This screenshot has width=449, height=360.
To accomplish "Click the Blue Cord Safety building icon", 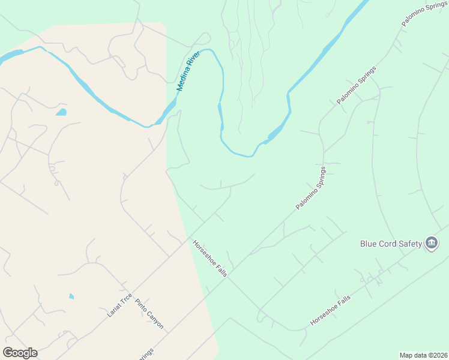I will pyautogui.click(x=431, y=243).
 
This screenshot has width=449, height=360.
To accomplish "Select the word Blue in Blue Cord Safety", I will pyautogui.click(x=369, y=244).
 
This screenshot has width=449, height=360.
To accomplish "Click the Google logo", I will pyautogui.click(x=20, y=353).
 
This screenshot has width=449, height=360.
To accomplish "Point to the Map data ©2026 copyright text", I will pyautogui.click(x=423, y=355).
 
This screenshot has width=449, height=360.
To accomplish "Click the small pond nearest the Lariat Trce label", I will pyautogui.click(x=71, y=296).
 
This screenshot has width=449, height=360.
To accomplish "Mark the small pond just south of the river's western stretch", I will pyautogui.click(x=61, y=112).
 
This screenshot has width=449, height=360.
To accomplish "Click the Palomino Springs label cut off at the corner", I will pyautogui.click(x=424, y=13).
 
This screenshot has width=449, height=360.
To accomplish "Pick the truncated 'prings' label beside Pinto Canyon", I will pyautogui.click(x=145, y=353).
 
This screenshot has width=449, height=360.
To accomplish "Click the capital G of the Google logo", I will pyautogui.click(x=8, y=353).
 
